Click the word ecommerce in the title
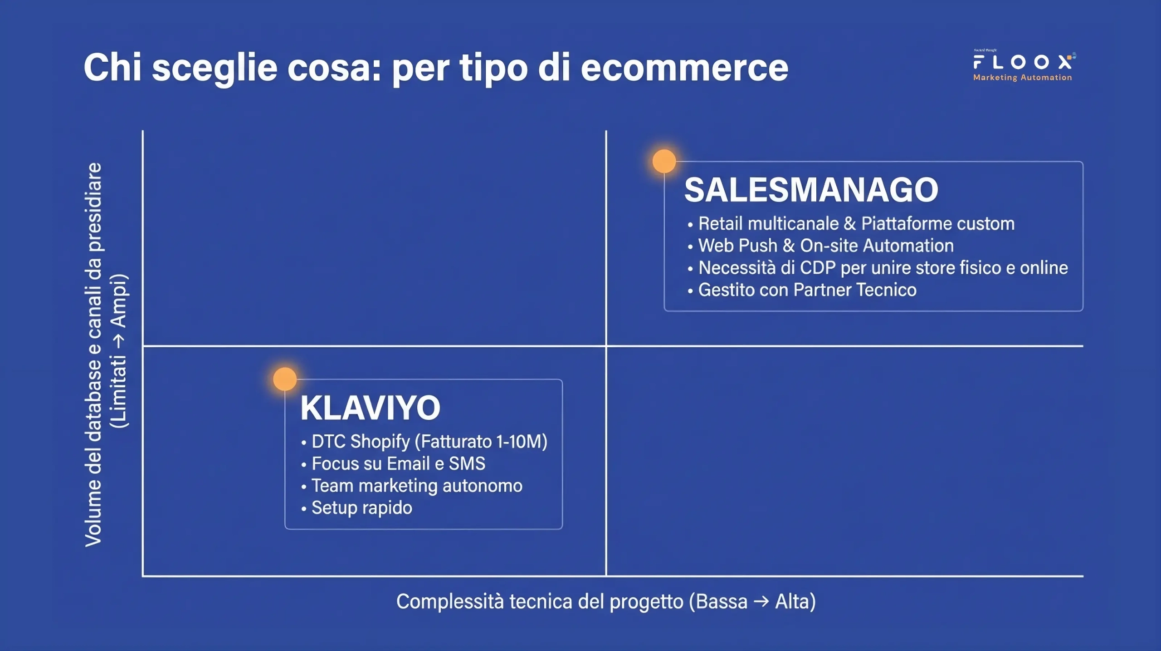coord(684,68)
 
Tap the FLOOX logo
coord(1023,62)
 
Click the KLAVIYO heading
coord(370,408)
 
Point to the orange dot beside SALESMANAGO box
coord(664,161)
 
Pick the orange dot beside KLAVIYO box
coord(285,379)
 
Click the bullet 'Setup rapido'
coord(361,508)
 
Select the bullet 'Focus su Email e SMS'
coord(398,464)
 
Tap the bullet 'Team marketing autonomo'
coord(417,486)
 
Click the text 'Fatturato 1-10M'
coord(481,441)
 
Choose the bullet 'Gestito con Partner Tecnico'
coord(807,290)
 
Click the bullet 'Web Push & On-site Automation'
coord(826,246)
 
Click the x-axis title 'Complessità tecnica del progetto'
coord(540,602)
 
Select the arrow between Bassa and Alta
coord(761,602)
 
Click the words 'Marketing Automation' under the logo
coord(1022,78)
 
